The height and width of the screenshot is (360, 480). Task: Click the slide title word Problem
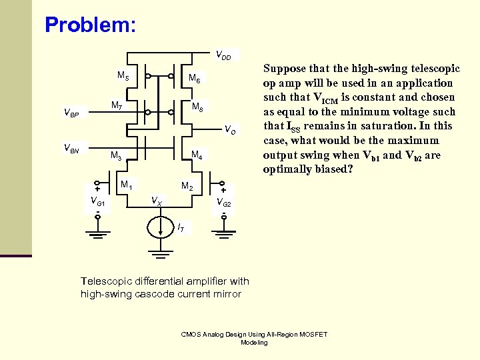pyautogui.click(x=90, y=25)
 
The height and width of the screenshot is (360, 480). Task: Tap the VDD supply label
pyautogui.click(x=223, y=55)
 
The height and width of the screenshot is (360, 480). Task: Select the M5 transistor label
pyautogui.click(x=123, y=76)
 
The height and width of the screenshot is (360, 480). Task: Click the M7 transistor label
pyautogui.click(x=116, y=106)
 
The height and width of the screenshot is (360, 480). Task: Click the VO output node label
pyautogui.click(x=229, y=129)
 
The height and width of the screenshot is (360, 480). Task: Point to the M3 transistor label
pyautogui.click(x=116, y=157)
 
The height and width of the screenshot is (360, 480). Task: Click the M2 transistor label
pyautogui.click(x=188, y=186)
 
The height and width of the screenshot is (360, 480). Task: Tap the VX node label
pyautogui.click(x=155, y=199)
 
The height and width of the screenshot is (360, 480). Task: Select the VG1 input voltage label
pyautogui.click(x=97, y=201)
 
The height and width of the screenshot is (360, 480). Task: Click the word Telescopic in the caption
pyautogui.click(x=104, y=281)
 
